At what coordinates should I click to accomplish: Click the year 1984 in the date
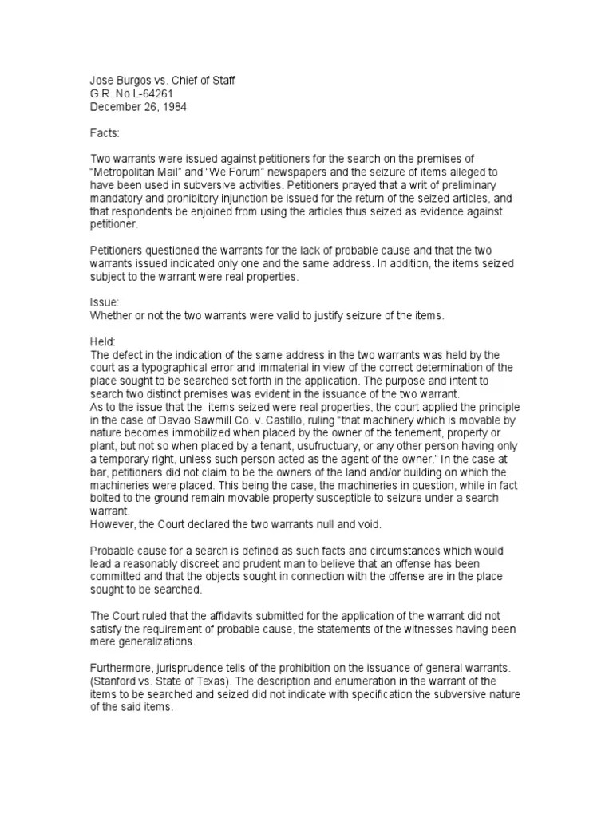173,106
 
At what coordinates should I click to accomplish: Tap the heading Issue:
104,302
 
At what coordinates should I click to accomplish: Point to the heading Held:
103,341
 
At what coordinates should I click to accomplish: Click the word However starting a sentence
113,523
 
